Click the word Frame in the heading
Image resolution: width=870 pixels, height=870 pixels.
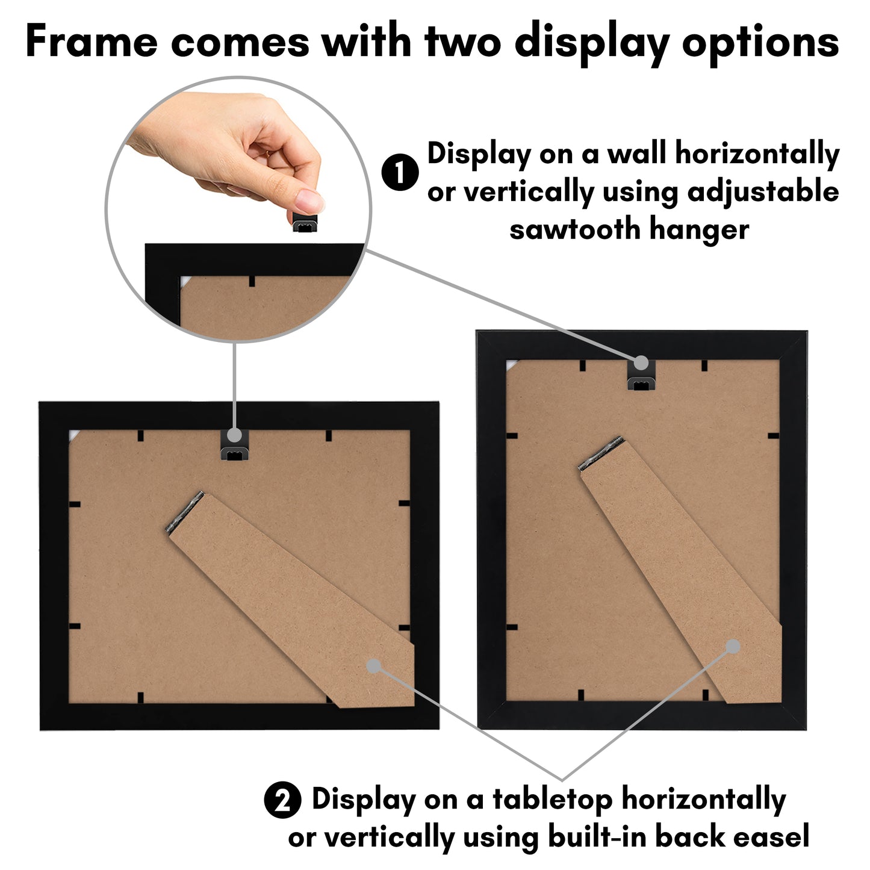pos(91,42)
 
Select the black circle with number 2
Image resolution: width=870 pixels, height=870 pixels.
pos(282,800)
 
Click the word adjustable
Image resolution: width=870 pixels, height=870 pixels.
pos(763,191)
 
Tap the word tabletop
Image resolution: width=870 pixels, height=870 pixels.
pos(552,800)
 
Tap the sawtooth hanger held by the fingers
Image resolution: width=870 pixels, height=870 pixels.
pos(305,223)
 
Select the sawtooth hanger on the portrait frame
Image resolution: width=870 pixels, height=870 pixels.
pos(641,382)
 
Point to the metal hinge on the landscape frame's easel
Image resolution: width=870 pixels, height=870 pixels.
pos(184,512)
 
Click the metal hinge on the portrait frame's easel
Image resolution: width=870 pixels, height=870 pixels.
pos(600,453)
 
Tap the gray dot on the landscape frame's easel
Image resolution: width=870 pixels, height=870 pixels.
pos(373,665)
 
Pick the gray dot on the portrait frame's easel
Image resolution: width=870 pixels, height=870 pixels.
pos(732,646)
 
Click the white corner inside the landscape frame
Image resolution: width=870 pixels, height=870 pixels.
pos(73,435)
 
